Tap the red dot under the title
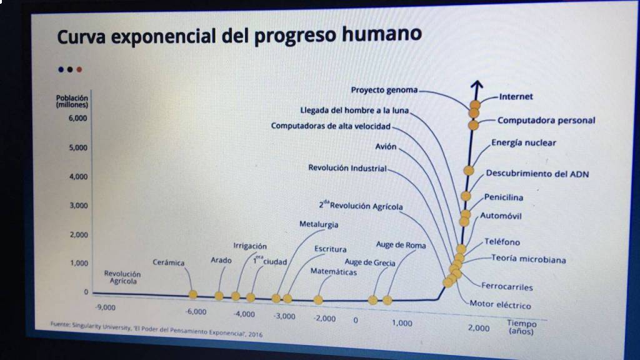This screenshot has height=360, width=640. [79, 69]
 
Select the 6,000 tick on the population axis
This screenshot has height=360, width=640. [77, 118]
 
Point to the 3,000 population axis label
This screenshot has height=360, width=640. [78, 205]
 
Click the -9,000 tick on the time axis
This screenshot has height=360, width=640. [105, 307]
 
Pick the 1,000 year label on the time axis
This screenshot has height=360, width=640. [402, 323]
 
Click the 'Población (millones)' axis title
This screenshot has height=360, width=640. [72, 101]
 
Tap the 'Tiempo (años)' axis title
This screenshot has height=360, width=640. [521, 327]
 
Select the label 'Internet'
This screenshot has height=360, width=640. [516, 97]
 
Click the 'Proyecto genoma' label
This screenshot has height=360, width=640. [384, 90]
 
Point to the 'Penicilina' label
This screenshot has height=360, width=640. [504, 197]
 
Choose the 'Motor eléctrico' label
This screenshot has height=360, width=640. [500, 304]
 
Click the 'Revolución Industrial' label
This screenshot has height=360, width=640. [347, 167]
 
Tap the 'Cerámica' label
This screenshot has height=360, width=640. [169, 262]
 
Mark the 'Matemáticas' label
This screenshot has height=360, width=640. [334, 272]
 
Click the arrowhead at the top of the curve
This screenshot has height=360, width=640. [477, 84]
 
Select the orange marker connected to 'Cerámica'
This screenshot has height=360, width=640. [193, 294]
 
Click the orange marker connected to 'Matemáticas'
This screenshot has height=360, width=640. [318, 301]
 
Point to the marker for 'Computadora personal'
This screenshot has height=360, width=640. [474, 125]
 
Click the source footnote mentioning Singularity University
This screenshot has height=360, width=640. [156, 329]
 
